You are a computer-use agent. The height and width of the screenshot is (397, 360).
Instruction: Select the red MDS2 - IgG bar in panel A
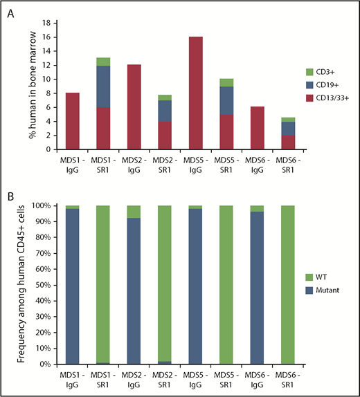click(x=134, y=107)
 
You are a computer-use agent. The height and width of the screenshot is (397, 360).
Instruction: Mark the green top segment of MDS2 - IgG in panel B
click(x=134, y=212)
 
